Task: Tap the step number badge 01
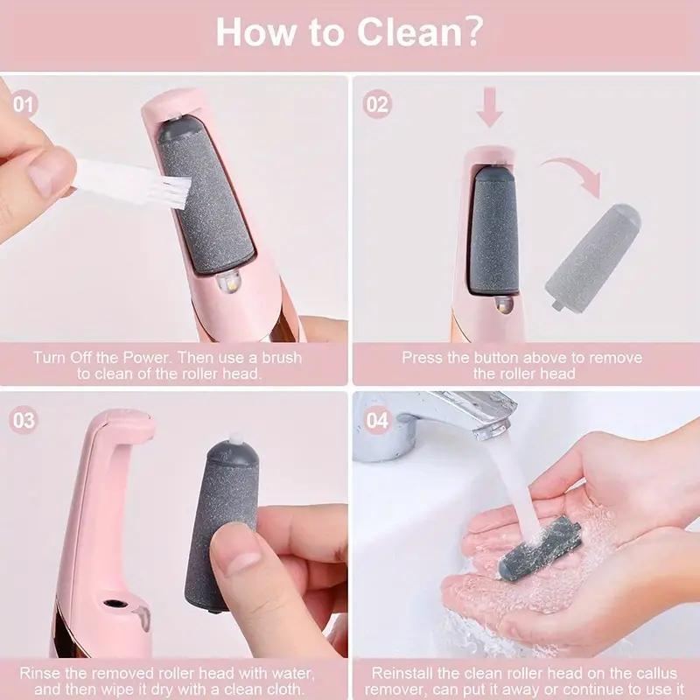(24, 105)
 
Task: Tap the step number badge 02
(377, 105)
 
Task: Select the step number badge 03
(24, 420)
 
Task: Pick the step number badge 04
(377, 420)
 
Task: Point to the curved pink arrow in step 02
(569, 171)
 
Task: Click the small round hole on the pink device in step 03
(113, 605)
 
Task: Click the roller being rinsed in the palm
(540, 546)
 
